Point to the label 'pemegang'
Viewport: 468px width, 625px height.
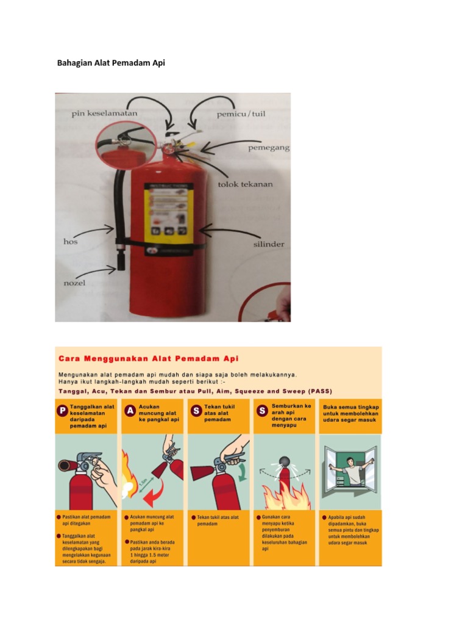point(269,148)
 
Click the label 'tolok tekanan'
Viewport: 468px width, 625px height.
point(246,183)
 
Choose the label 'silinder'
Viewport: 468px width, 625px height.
point(268,244)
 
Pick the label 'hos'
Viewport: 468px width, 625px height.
point(71,242)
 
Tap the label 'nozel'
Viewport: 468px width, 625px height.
point(75,284)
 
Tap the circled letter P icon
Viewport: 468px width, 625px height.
point(62,411)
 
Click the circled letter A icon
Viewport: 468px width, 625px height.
point(129,411)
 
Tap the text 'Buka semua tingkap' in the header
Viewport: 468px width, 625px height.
point(350,406)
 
